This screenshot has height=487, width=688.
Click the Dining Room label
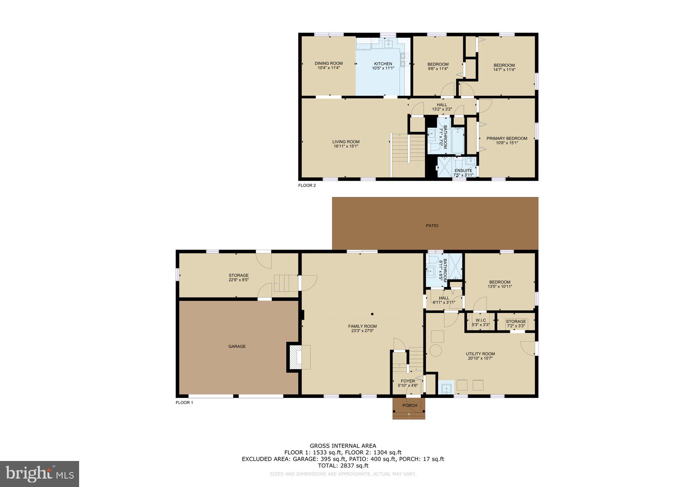coord(328,64)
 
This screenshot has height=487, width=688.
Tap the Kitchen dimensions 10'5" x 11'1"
coord(383,68)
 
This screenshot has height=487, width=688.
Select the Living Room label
coord(346,142)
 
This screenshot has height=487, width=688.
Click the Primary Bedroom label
coord(506,138)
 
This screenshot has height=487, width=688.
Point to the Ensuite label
coord(463,171)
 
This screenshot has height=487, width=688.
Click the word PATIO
coord(432,226)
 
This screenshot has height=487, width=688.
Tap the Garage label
coord(237,347)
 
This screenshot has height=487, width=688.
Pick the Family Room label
coord(362,327)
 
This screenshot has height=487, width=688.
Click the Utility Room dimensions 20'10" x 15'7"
coord(480,358)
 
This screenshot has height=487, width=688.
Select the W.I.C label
coord(480,321)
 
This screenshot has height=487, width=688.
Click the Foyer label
coord(408,381)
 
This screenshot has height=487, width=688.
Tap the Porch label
coord(410,406)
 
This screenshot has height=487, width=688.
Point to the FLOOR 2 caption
coord(307,186)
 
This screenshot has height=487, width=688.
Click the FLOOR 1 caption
coord(184,402)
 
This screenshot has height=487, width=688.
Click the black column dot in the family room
coord(372,314)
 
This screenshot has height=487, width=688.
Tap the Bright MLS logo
coord(40,474)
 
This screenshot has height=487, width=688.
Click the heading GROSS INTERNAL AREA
coord(342,446)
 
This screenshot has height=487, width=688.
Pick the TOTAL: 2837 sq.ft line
coord(343,466)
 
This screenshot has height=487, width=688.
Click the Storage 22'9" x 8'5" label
coord(239,277)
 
